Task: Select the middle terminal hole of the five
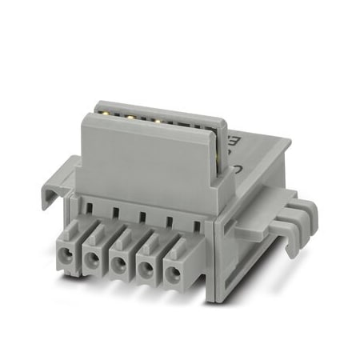tap(118, 265)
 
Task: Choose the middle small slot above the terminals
tap(142, 218)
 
